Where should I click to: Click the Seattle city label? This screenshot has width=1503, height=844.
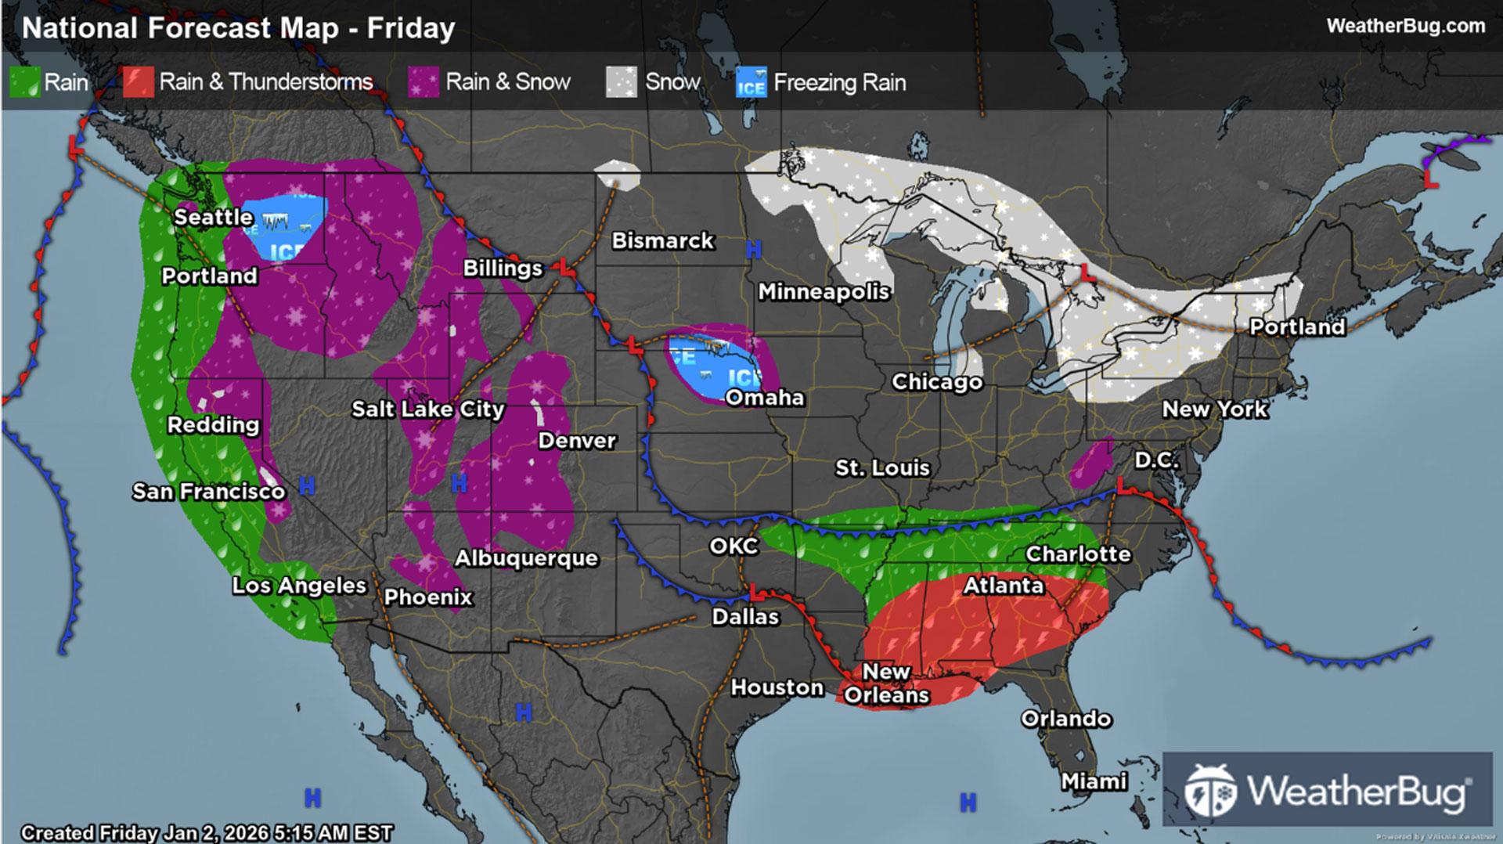[213, 217]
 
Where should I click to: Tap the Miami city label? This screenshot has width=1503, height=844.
[1094, 781]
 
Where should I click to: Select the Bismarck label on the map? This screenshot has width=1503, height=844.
[662, 240]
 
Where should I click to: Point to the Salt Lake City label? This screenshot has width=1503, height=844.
[427, 409]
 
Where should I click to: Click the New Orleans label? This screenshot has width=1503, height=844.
[886, 683]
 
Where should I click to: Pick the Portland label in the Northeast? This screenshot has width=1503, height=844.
[1296, 326]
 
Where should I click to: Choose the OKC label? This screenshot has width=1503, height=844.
[733, 546]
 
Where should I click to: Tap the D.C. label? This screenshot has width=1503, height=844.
[1156, 460]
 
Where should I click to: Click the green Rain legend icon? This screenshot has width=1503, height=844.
[24, 82]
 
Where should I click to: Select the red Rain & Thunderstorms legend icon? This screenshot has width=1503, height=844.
[138, 82]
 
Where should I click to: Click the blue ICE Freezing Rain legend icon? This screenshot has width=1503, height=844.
[751, 82]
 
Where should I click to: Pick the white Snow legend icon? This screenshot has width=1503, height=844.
[622, 82]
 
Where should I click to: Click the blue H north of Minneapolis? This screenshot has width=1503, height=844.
[753, 250]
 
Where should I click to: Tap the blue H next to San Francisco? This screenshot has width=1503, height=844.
[307, 486]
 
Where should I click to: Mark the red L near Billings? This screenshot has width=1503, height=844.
[564, 267]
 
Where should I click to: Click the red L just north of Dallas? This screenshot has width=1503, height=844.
[754, 591]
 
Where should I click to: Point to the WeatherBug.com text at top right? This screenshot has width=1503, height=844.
[1405, 26]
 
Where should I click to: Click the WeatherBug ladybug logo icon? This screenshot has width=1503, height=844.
[1209, 791]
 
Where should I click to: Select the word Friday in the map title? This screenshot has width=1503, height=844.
[411, 28]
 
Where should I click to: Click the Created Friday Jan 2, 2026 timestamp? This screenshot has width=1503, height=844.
[207, 832]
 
